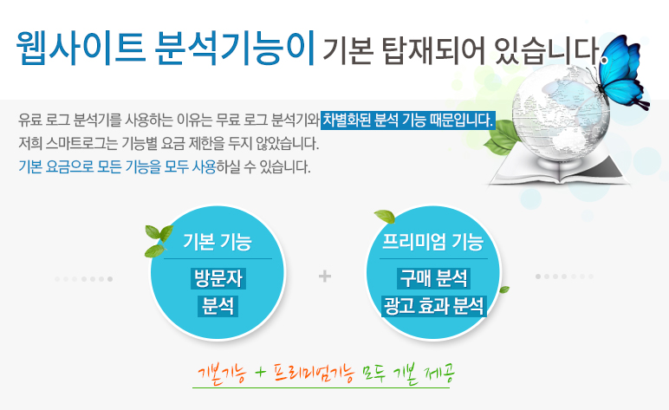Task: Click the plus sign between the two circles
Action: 325,277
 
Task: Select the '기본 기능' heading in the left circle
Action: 218,242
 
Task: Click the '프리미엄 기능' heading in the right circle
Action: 433,242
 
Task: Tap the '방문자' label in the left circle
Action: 218,278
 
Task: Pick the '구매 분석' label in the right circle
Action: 433,278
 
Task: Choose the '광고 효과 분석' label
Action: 434,306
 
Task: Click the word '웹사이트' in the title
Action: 81,47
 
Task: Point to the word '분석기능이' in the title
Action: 235,47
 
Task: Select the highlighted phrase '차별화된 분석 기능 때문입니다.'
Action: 408,120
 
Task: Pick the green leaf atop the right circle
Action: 385,217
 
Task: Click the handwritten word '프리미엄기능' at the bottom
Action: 314,374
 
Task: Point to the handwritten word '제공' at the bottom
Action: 439,374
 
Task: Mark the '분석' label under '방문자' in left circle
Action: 218,306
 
